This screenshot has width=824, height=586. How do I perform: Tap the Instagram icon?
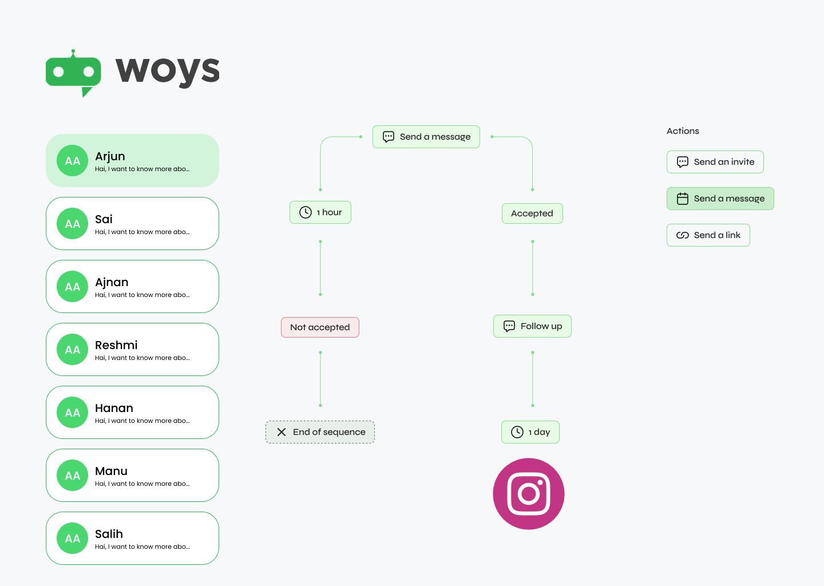[529, 494]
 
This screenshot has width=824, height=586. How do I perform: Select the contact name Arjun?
[110, 156]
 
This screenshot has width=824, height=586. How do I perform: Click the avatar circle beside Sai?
[73, 224]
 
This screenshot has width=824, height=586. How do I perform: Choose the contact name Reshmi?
[116, 345]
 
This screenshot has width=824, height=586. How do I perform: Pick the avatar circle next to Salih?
[73, 539]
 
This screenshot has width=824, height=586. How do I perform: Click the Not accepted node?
[320, 327]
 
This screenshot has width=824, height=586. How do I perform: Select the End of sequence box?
[320, 432]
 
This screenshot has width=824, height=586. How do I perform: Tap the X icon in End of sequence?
[282, 432]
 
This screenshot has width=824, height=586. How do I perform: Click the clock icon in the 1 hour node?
[306, 212]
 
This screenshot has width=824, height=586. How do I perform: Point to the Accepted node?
[532, 213]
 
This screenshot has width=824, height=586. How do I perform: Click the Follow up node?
[532, 326]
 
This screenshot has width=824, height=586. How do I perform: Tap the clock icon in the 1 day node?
[517, 432]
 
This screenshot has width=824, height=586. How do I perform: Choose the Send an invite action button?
[715, 162]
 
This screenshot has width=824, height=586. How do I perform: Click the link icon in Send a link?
[683, 235]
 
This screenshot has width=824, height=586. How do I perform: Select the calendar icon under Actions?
[683, 199]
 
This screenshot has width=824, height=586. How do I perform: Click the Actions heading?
[683, 131]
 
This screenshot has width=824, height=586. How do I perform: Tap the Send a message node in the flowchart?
[426, 137]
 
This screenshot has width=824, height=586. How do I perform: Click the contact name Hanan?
[114, 408]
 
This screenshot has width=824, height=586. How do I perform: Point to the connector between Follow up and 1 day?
[533, 379]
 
